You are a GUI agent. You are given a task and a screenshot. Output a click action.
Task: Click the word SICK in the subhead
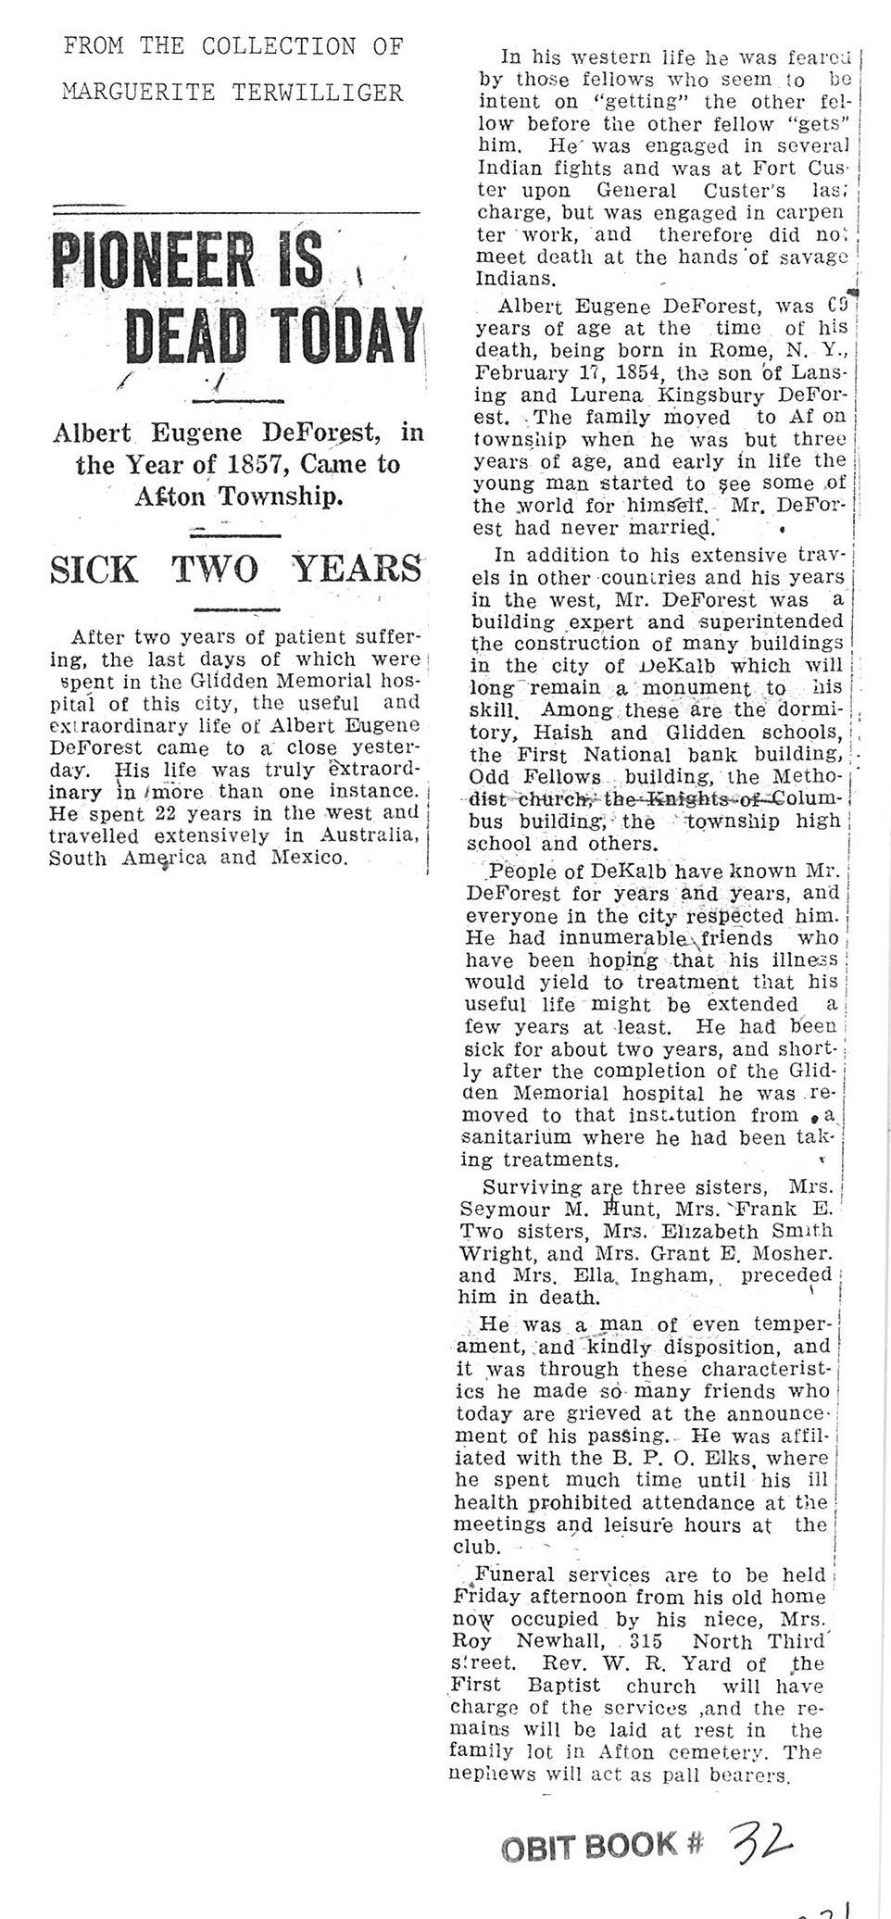tap(97, 568)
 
